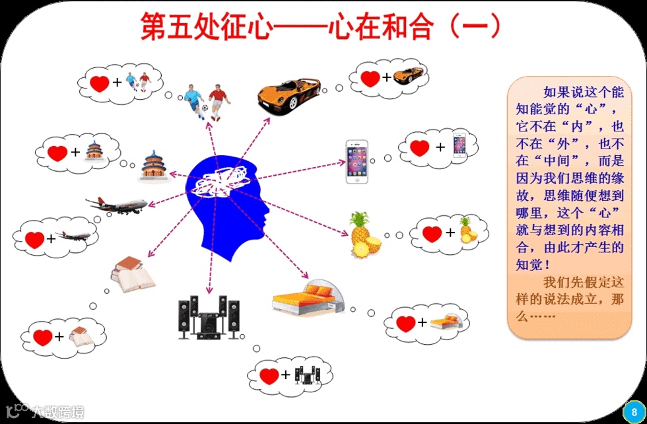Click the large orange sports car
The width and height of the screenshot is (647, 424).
click(x=289, y=92)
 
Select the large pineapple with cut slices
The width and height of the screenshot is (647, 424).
click(x=363, y=236)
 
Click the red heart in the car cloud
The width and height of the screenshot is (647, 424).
click(x=370, y=78)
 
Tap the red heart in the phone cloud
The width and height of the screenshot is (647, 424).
click(x=419, y=147)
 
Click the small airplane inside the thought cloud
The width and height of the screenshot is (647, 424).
click(x=73, y=236)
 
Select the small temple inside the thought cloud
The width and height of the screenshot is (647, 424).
click(x=95, y=151)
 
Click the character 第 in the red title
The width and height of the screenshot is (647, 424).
click(x=154, y=26)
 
